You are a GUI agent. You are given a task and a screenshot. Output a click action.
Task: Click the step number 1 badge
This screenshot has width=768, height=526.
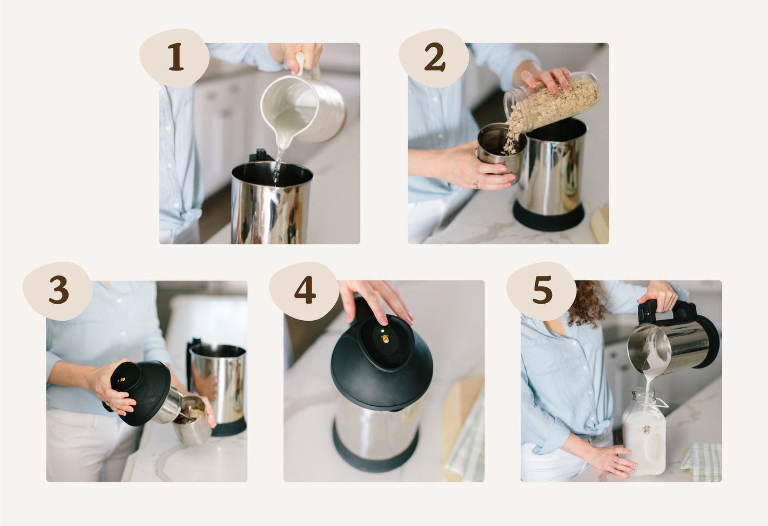174,57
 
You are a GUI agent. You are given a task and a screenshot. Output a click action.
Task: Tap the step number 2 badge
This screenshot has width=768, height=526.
434,57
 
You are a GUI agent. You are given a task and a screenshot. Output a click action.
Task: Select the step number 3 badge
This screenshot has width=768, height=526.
58,291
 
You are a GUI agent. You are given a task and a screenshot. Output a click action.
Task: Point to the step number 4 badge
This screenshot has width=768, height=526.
304,291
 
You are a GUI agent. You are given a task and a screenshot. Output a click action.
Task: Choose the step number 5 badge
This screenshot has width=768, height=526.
542,291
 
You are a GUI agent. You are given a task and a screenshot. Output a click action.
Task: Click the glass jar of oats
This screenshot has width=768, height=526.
552,103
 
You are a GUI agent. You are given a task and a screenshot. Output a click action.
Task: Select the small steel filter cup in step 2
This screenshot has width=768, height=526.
501,151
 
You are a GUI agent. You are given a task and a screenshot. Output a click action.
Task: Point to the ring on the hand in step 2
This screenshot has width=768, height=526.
476,185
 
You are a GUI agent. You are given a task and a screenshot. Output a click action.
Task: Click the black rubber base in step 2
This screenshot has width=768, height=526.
548,215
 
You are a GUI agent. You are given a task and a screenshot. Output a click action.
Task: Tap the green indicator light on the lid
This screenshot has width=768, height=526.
383,331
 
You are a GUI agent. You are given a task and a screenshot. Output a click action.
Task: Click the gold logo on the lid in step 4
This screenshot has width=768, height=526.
385,339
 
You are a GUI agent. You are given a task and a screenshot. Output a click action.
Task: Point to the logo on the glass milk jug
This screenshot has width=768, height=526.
647,430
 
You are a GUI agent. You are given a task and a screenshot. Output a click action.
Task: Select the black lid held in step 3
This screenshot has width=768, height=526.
140,393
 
